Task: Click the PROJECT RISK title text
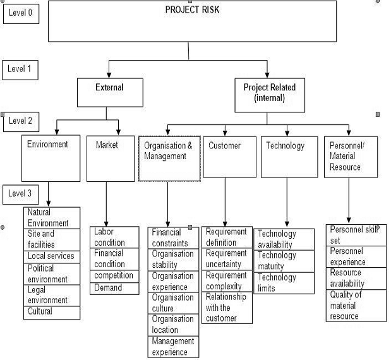pos(192,9)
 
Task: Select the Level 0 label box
pos(21,13)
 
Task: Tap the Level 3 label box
pos(21,195)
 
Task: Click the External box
pos(110,92)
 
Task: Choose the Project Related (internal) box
pos(270,95)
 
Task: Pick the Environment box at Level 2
pos(51,159)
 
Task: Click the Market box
pos(111,159)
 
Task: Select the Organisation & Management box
pos(169,159)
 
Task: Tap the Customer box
pos(229,157)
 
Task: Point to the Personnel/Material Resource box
pos(351,157)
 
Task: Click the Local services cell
pos(52,257)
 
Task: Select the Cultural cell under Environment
pos(52,313)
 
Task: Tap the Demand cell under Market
pos(114,289)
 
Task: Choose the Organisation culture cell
pos(173,303)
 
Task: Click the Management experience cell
pos(173,347)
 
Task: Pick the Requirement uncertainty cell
pos(227,259)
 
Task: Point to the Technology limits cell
pos(284,283)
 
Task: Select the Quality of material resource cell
pos(356,306)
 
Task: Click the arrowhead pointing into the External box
pos(109,75)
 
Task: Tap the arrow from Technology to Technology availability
pos(287,202)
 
